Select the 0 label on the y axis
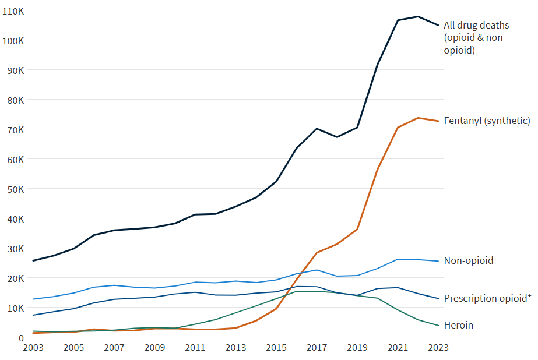[21, 337]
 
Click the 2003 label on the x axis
[33, 348]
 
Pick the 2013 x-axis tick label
[235, 348]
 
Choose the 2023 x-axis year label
[438, 348]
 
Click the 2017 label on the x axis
[317, 348]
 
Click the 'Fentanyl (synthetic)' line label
[487, 121]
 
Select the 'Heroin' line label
[458, 325]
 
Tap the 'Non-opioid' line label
[468, 260]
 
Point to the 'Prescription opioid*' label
[485, 298]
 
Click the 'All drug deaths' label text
[476, 25]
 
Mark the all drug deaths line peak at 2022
[418, 16]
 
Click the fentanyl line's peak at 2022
[418, 118]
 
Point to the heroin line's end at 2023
[438, 326]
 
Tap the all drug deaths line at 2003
[33, 260]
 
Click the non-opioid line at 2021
[398, 259]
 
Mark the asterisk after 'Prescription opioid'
[529, 297]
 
